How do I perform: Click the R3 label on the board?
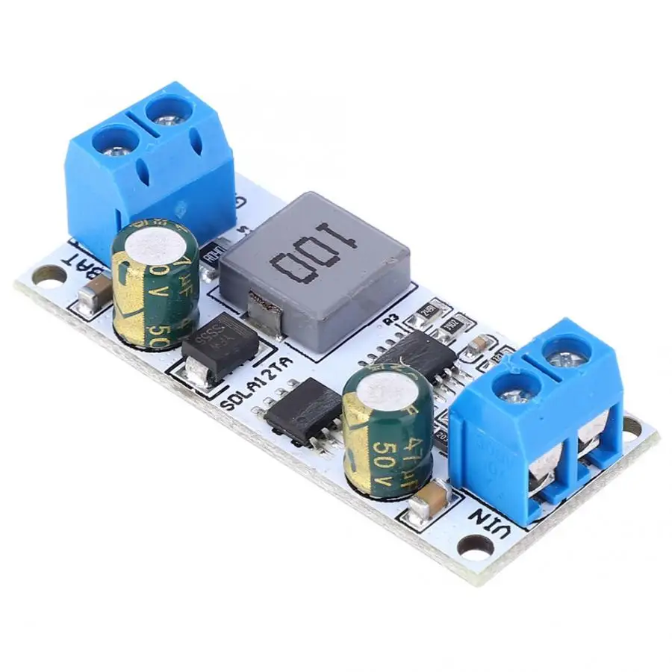pos(389,320)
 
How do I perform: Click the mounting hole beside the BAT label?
pos(48,281)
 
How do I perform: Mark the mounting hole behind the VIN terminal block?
pos(632,426)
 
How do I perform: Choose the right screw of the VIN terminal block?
pos(565,358)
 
